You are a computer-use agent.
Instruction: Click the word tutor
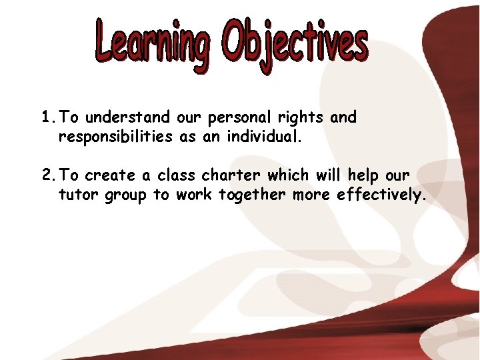click(79, 195)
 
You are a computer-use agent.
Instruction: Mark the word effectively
click(379, 196)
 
